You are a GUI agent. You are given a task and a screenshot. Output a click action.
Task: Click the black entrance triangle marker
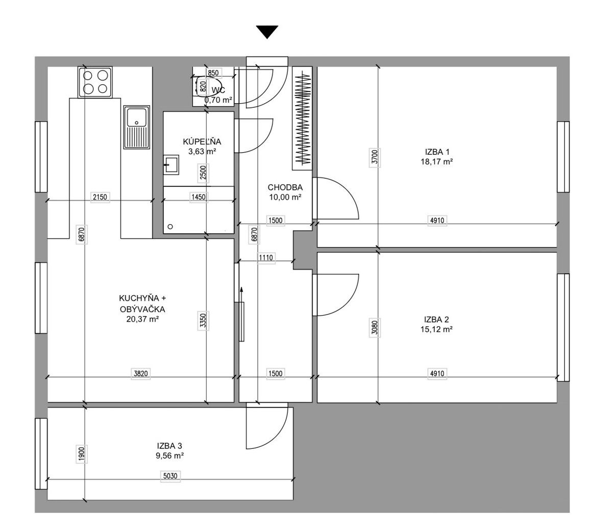coord(267,31)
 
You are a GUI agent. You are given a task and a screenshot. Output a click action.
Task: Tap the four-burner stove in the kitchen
coord(95,82)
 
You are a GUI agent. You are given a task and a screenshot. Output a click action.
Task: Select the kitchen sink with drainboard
coord(137,127)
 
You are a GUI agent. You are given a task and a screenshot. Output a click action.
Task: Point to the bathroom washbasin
coord(171,164)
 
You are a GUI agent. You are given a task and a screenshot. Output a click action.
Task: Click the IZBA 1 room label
coord(437,152)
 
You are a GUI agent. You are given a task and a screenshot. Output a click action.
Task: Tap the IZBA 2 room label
coord(436,320)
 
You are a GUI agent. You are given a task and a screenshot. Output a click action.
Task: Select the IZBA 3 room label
coord(169,446)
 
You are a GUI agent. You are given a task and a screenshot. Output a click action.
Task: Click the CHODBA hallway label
coord(285,187)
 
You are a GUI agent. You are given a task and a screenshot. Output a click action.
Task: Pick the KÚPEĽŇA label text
coord(202,141)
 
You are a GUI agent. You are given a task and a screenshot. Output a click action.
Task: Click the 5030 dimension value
coord(170,476)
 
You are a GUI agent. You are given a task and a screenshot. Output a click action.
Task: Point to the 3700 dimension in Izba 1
coord(375,157)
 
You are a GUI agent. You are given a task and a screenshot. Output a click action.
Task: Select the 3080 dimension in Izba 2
coord(375,328)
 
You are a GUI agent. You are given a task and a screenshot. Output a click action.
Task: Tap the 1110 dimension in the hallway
coord(266,258)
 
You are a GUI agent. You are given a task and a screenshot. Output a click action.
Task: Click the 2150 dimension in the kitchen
coord(100,197)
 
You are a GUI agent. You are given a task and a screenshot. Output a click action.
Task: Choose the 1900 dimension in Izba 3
coord(81,454)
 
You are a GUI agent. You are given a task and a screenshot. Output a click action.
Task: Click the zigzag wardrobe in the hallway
coord(303,118)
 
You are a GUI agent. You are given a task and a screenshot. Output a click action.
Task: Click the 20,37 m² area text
coord(142,319)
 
